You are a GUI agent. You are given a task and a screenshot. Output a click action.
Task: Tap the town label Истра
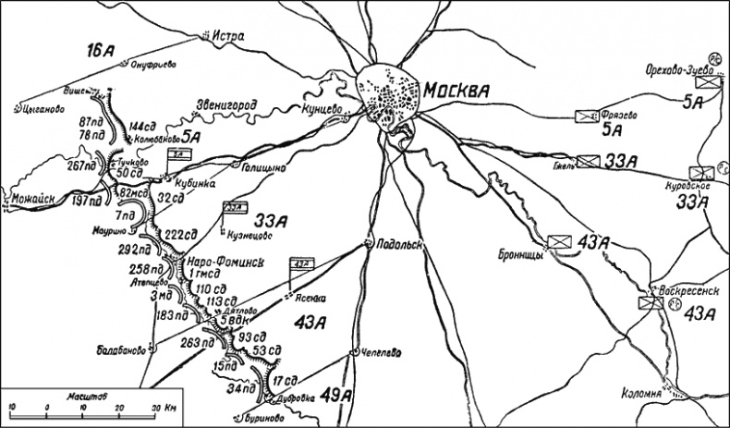click(x=228, y=37)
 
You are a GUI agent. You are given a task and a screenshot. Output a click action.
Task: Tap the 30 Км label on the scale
click(x=164, y=408)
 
